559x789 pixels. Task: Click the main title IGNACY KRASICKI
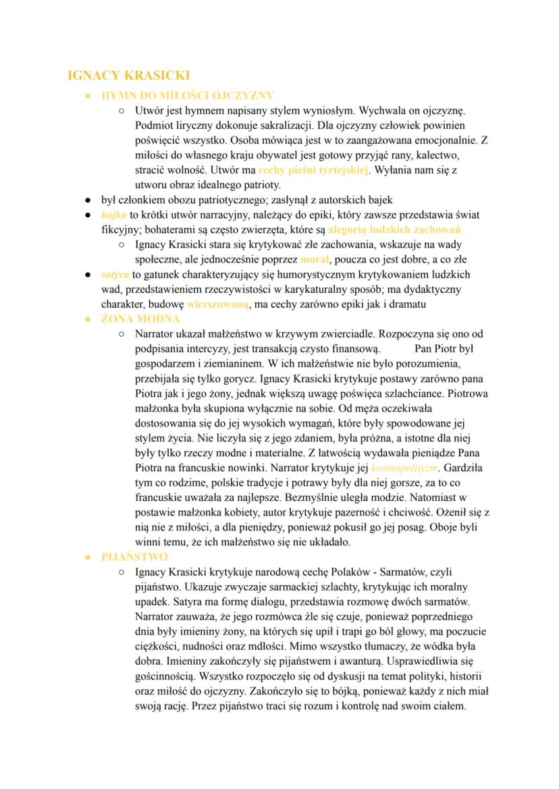point(129,75)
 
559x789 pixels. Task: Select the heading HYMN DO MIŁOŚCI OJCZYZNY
point(187,95)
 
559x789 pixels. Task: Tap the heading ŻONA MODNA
point(140,319)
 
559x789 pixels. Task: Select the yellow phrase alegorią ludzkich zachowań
point(394,229)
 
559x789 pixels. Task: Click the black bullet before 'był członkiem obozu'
point(88,200)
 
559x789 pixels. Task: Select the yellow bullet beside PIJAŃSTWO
point(88,557)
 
